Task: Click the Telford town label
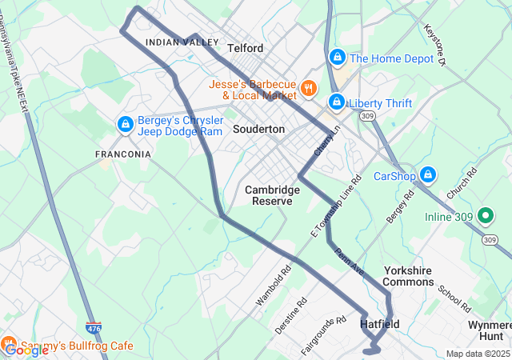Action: coord(245,48)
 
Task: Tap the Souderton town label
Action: coord(258,129)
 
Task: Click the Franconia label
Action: coord(122,154)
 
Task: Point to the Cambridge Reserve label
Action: coord(272,195)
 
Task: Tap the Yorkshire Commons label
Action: coord(408,276)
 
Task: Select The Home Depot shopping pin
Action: coord(338,58)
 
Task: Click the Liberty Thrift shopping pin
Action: coord(337,103)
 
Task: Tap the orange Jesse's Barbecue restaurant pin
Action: coord(308,88)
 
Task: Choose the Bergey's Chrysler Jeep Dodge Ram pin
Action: coord(125,125)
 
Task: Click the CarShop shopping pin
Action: coord(428,174)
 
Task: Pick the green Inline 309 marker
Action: coord(484,215)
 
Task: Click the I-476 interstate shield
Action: coord(94,328)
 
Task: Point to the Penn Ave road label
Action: coord(349,262)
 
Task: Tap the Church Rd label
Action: coord(462,183)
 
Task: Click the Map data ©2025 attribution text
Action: coord(477,354)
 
